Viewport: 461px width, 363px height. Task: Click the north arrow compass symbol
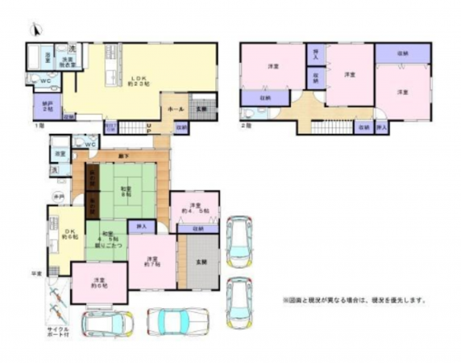tap(34, 31)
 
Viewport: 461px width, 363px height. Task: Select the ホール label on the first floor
tap(176, 108)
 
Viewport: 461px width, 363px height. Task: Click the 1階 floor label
tap(38, 126)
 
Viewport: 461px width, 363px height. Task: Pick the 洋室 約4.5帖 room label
tap(194, 207)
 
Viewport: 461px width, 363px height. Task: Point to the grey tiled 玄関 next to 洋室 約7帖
tap(198, 260)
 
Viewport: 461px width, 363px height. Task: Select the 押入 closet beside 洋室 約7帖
tap(141, 227)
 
